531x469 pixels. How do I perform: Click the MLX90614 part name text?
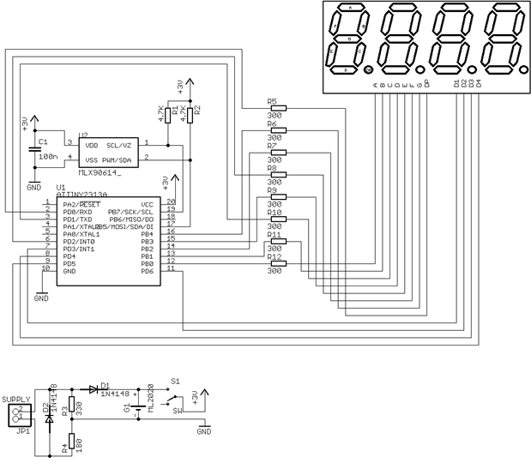[100, 172]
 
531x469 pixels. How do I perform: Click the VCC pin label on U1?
[147, 204]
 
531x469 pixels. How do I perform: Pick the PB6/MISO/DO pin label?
[130, 219]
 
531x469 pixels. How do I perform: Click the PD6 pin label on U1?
[148, 270]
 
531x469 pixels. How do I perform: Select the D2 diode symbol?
[49, 420]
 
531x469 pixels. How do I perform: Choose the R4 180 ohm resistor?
[71, 442]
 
